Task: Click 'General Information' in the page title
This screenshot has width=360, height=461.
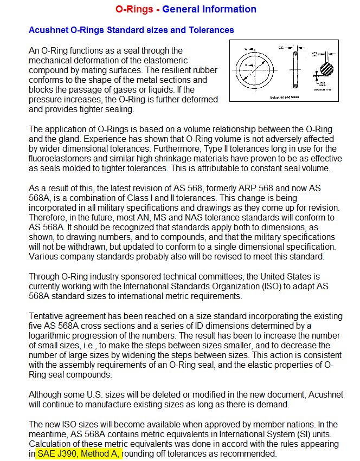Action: point(209,9)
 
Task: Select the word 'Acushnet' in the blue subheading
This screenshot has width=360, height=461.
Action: point(48,30)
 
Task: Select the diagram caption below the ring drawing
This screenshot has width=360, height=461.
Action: point(284,97)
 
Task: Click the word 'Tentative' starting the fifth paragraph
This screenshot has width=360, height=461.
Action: point(48,316)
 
